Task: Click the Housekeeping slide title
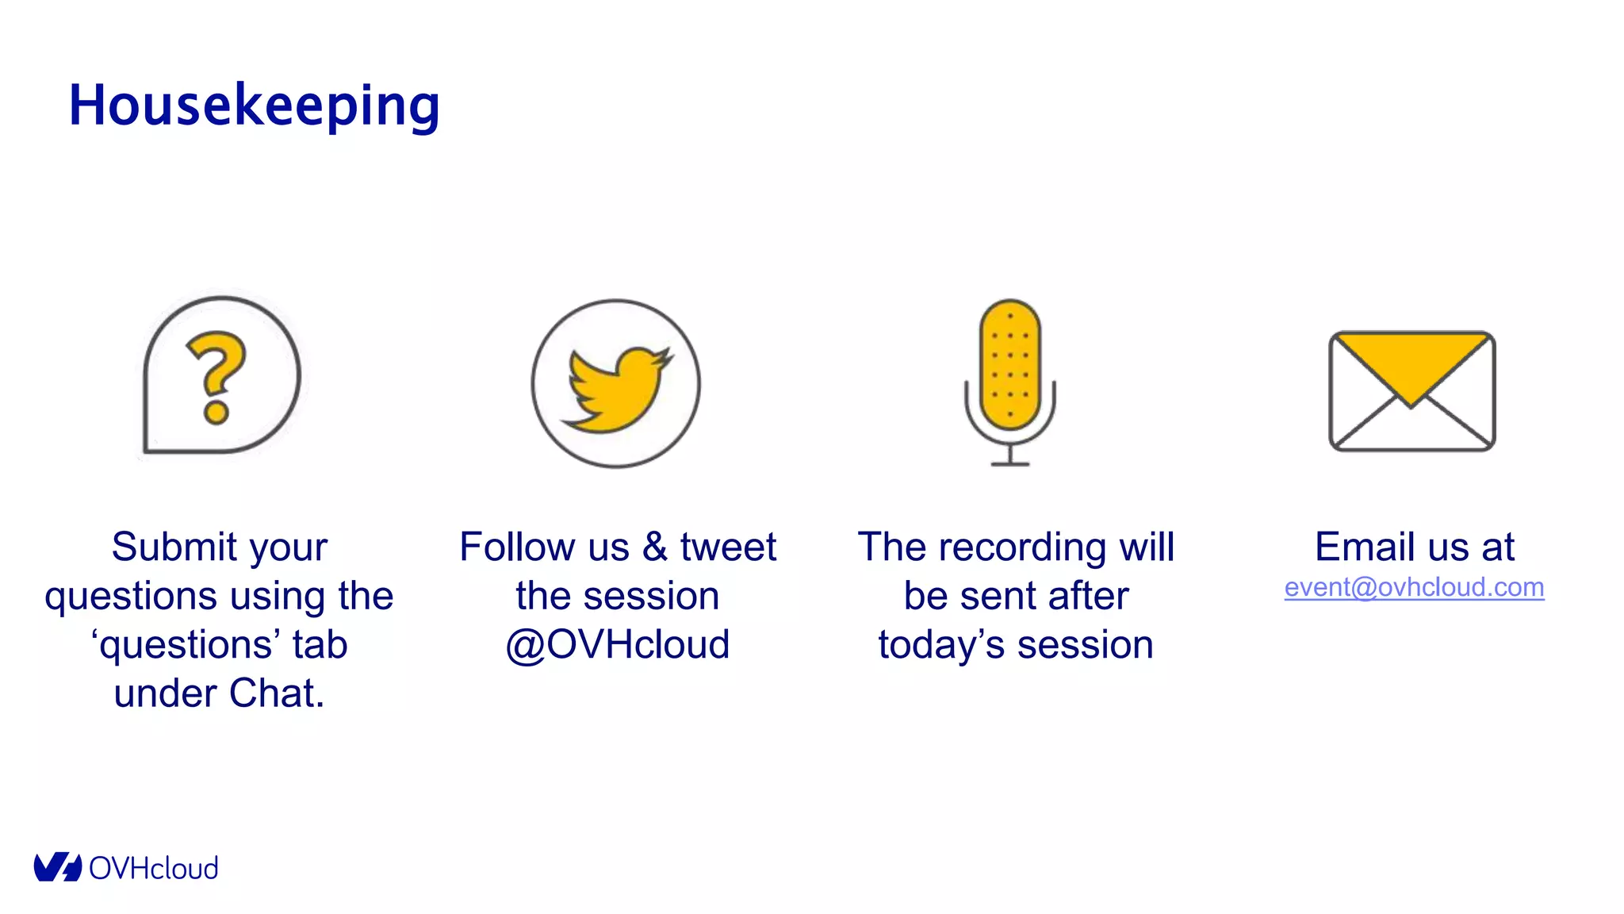254,106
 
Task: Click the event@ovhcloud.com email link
1414,588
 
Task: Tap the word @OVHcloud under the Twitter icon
618,644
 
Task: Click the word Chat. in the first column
277,693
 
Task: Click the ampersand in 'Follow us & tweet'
655,547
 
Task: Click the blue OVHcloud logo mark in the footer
57,867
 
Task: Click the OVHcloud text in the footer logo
153,869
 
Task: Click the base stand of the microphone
1009,462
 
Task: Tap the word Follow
517,547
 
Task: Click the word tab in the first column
320,644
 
